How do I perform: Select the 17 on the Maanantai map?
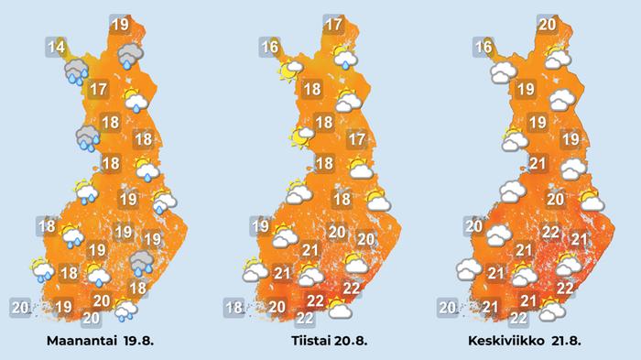(x=101, y=90)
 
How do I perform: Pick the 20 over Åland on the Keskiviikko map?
(x=448, y=308)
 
